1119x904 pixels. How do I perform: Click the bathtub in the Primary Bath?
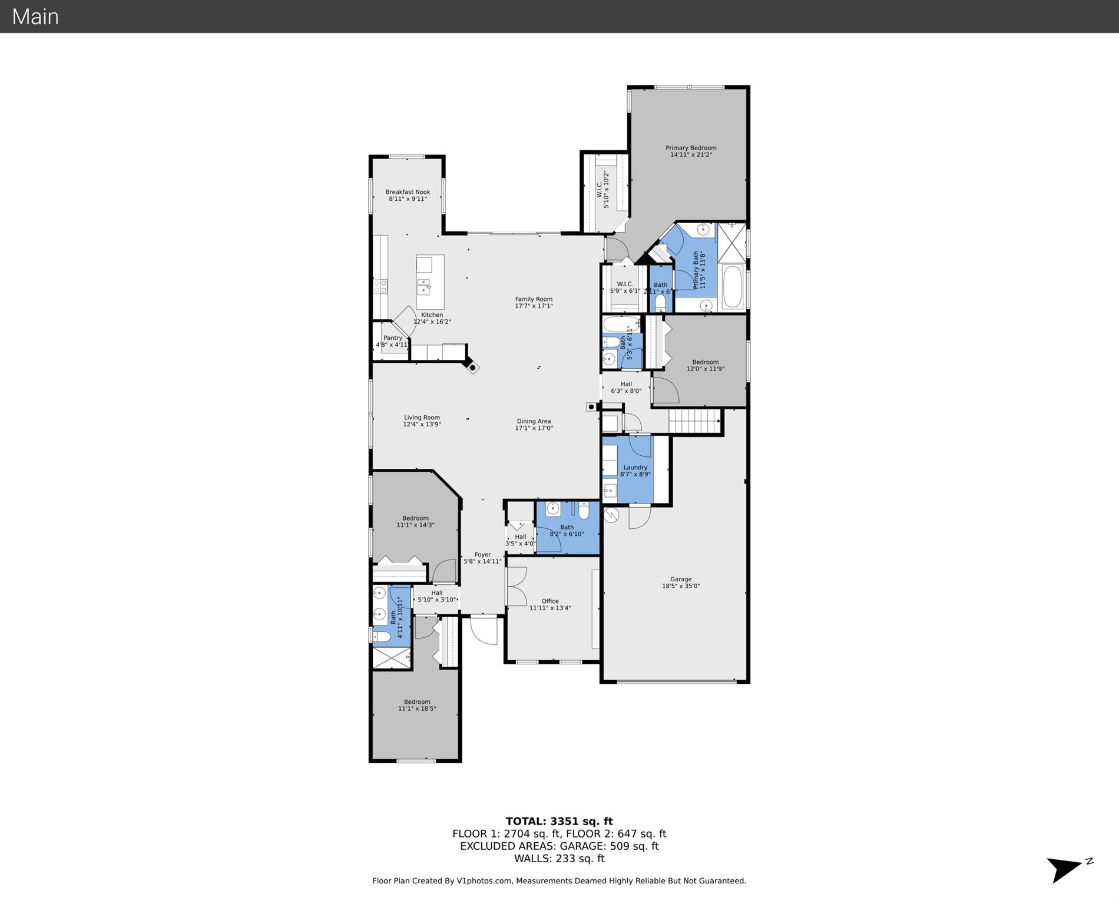[733, 287]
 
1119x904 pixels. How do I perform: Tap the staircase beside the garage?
[695, 422]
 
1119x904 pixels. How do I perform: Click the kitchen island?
[430, 282]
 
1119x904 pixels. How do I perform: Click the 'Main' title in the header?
[35, 16]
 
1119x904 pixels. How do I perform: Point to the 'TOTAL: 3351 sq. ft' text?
[559, 821]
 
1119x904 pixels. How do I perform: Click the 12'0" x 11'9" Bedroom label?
[705, 365]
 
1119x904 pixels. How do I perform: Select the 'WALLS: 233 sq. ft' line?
[559, 858]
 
